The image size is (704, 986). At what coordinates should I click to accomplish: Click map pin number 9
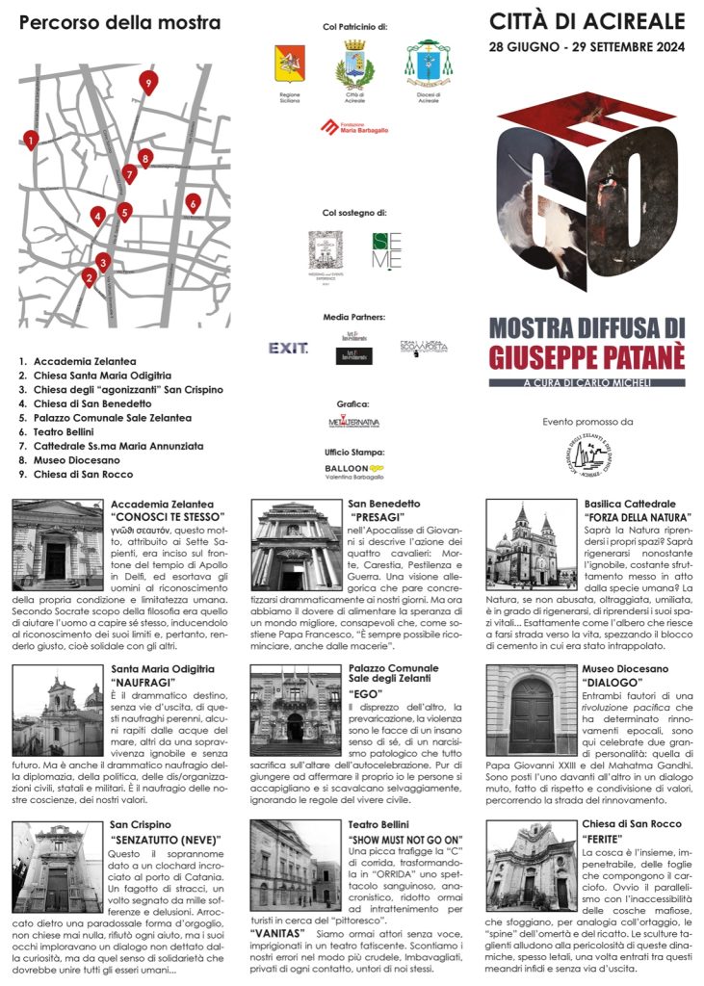coord(147,83)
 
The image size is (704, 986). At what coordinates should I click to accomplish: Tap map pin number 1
coord(31,141)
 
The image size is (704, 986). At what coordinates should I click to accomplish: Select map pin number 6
coord(193,203)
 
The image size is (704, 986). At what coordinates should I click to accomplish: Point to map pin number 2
coord(89,278)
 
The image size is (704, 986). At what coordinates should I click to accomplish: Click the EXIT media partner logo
coord(288,348)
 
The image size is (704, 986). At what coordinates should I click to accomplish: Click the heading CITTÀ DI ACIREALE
coord(587,21)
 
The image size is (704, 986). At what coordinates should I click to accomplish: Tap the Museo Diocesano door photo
coord(531,710)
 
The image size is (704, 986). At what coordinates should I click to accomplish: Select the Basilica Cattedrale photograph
coord(531,545)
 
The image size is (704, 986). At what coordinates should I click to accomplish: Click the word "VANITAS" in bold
coord(280,934)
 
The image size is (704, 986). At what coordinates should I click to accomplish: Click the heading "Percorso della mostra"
coord(119,22)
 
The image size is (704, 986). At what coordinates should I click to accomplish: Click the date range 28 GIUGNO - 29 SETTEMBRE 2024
coord(587,45)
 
